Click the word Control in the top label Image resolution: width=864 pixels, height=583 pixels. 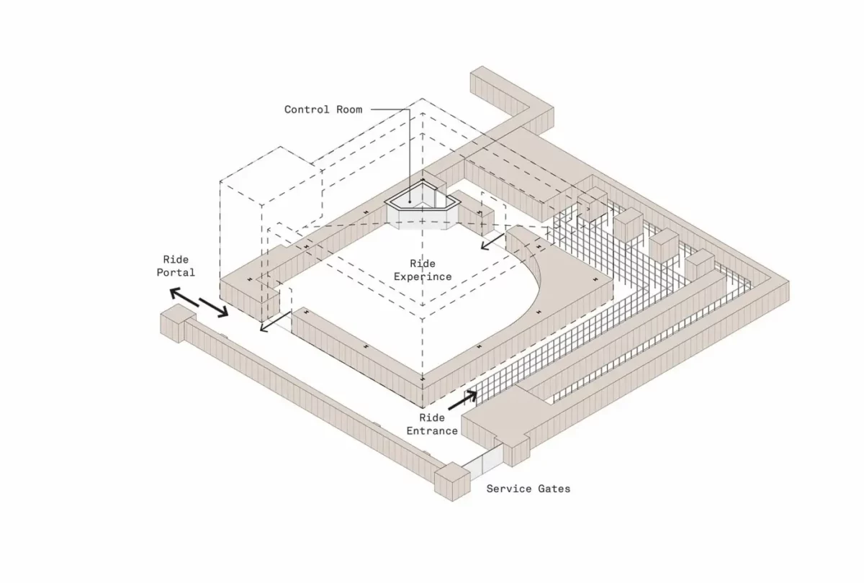(x=307, y=110)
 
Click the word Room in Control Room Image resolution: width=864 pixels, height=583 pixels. (x=349, y=110)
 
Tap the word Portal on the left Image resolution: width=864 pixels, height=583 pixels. (x=176, y=273)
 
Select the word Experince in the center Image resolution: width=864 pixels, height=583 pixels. (x=423, y=277)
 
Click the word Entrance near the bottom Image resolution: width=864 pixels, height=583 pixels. (x=432, y=430)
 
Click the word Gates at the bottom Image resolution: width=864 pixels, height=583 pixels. (x=554, y=489)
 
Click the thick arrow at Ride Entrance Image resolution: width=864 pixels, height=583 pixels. (x=462, y=400)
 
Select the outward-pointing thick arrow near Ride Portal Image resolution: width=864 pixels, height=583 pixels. (x=184, y=297)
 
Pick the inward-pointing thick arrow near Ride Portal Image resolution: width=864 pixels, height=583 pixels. (x=214, y=308)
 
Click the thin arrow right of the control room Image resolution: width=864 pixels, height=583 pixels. (x=492, y=241)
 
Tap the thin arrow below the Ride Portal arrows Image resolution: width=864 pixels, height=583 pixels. (x=275, y=322)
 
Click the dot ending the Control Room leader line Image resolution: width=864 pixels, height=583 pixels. (x=410, y=202)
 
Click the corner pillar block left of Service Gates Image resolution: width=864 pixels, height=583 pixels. (x=452, y=482)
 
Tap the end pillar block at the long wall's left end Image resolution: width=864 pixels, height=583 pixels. (x=178, y=323)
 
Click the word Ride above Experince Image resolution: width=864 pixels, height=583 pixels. (x=423, y=263)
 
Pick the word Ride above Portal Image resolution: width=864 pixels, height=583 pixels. (x=176, y=260)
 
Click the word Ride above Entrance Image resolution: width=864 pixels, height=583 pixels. (x=432, y=417)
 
